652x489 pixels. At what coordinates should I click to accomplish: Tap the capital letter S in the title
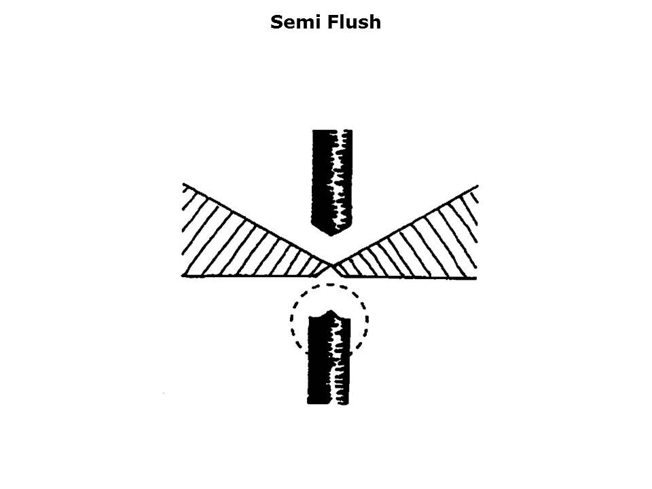click(x=276, y=22)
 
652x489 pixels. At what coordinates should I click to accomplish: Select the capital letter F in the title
click(x=331, y=22)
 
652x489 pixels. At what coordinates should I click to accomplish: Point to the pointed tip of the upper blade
click(x=331, y=234)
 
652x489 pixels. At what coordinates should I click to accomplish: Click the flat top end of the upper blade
click(x=331, y=131)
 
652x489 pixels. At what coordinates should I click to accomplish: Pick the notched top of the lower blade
click(x=329, y=314)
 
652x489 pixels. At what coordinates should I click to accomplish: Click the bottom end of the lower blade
click(x=328, y=403)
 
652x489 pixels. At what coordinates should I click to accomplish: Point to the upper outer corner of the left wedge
click(x=184, y=184)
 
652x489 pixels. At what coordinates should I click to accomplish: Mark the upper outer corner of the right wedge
click(x=477, y=185)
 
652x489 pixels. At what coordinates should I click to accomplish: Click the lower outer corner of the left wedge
click(x=184, y=275)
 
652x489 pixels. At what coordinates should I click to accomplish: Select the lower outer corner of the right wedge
click(x=475, y=278)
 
